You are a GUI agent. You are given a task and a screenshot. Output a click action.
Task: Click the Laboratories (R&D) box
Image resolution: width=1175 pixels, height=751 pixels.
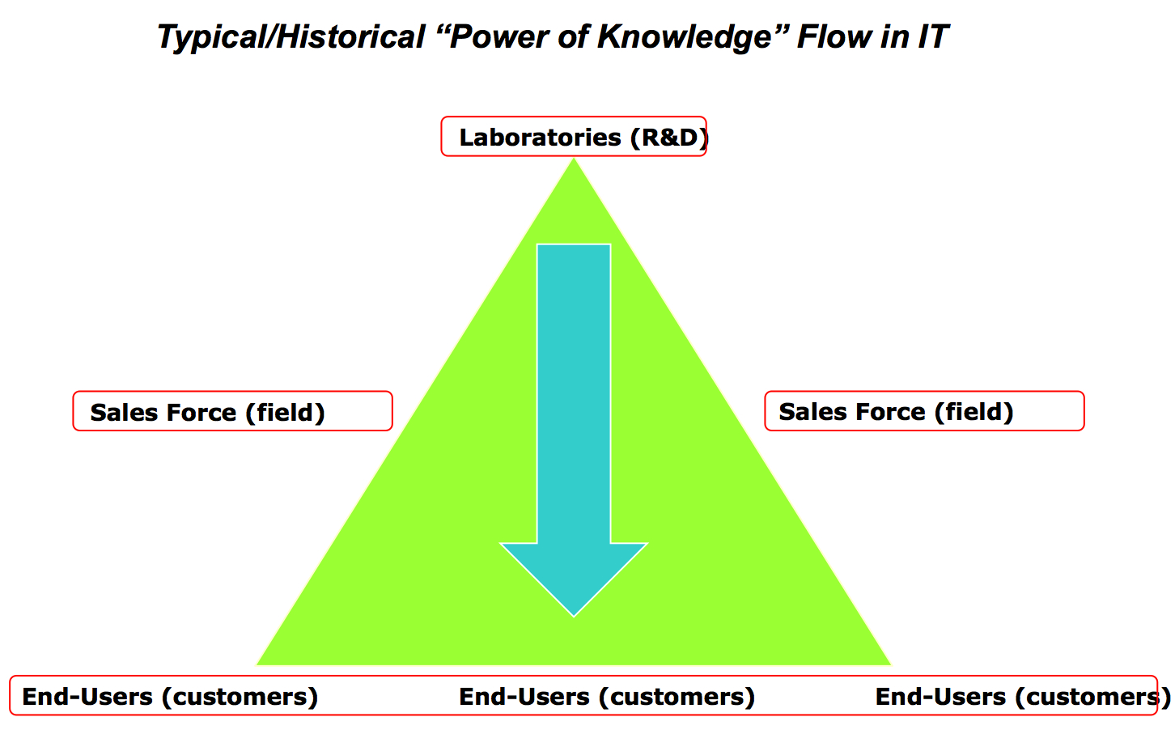tap(574, 136)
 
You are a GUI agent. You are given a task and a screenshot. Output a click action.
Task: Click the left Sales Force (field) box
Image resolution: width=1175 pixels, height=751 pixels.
tap(232, 411)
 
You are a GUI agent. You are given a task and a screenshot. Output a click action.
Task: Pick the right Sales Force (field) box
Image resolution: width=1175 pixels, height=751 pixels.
tap(924, 411)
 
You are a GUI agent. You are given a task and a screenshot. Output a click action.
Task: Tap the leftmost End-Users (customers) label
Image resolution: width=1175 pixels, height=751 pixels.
tap(170, 697)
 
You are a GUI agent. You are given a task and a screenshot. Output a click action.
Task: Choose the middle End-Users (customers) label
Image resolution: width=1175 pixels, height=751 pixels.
tap(607, 697)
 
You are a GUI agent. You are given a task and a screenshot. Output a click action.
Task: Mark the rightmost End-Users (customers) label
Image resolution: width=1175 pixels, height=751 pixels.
tap(1023, 697)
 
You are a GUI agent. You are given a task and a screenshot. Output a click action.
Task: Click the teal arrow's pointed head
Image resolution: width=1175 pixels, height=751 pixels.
tap(574, 616)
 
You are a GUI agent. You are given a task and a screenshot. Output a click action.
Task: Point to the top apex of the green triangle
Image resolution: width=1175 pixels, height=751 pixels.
tap(574, 159)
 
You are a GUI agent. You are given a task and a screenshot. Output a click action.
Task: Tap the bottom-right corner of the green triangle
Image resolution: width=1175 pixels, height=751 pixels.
tap(891, 665)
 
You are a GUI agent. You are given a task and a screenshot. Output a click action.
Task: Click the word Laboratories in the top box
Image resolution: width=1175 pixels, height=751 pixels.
tap(541, 138)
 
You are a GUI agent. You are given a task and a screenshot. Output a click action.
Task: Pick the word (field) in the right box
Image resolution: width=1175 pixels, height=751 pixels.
tap(974, 412)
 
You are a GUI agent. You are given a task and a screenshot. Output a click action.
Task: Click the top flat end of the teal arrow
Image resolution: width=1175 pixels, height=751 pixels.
tap(574, 244)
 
